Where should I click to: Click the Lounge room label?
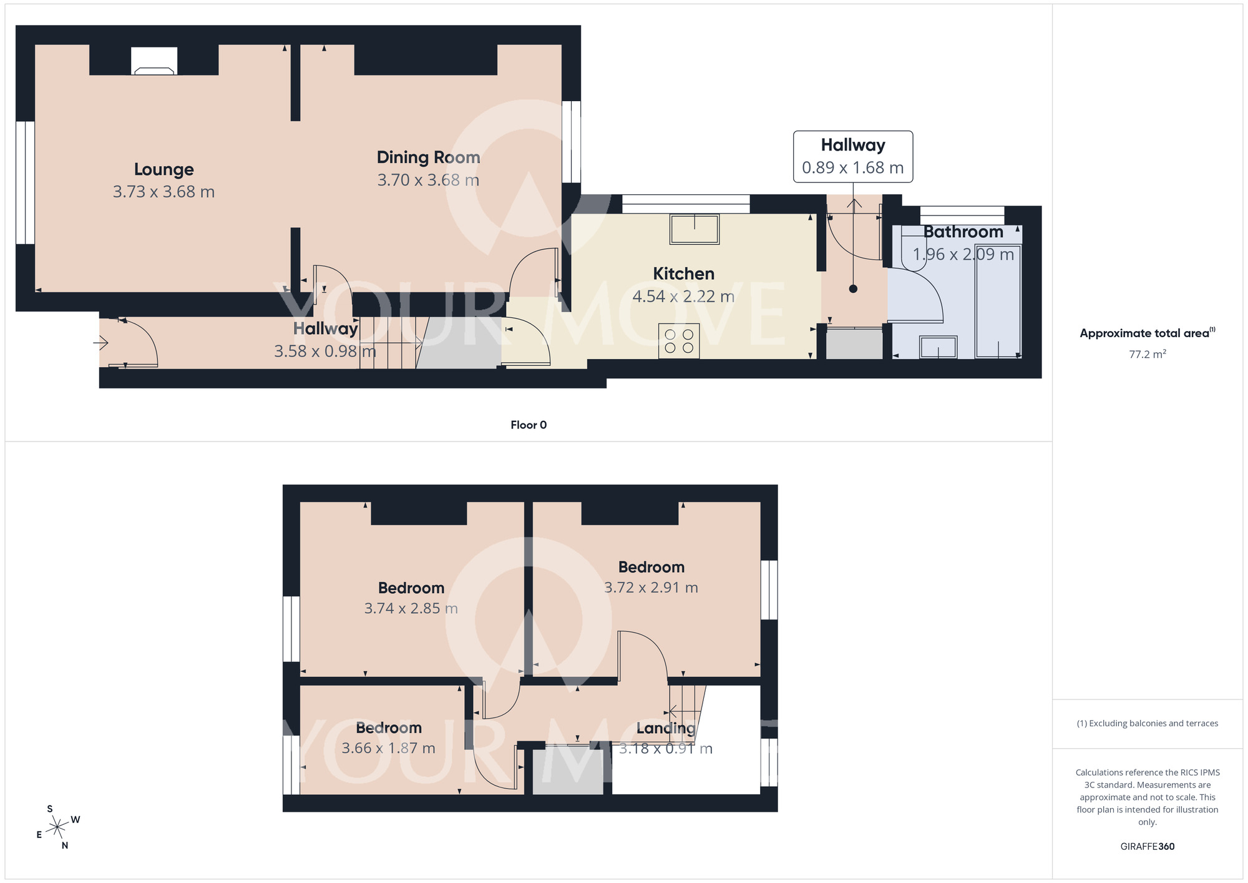point(163,169)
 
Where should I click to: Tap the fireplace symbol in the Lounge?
point(154,62)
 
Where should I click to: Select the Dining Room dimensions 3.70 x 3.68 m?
point(428,180)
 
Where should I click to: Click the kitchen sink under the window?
point(694,229)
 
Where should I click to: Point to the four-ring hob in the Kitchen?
point(679,341)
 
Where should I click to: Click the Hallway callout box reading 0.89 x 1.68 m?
point(852,157)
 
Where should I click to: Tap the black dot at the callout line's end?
point(853,289)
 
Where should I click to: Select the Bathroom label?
point(963,232)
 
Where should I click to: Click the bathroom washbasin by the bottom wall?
point(938,347)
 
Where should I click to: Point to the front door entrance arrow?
point(101,342)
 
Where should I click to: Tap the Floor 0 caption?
point(528,425)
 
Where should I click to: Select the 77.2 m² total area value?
point(1147,354)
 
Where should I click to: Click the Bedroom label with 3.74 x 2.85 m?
point(411,588)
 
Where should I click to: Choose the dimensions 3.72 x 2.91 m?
point(651,588)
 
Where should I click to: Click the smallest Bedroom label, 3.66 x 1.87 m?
point(388,728)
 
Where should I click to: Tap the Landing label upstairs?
point(665,728)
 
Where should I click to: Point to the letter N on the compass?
point(65,846)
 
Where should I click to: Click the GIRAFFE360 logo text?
point(1147,847)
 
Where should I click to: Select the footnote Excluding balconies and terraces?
point(1147,723)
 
